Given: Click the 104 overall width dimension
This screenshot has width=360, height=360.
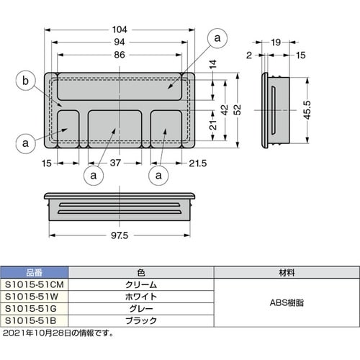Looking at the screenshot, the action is [x=120, y=30].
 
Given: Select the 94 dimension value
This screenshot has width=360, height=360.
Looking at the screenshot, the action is [x=120, y=42].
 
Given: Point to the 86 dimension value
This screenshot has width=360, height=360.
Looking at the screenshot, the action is [x=120, y=55].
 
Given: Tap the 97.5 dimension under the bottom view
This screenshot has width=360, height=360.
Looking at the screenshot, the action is [x=120, y=235].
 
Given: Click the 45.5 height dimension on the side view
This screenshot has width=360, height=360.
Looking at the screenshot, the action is [x=307, y=110].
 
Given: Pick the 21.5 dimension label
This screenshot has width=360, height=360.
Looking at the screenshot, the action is [x=198, y=163].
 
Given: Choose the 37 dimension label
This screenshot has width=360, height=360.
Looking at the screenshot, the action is [x=115, y=163].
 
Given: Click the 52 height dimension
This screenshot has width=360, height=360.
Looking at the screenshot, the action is [x=238, y=109].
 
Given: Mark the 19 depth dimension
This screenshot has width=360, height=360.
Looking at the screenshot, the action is [x=276, y=42].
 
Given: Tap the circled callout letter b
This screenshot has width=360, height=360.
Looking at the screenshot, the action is [x=25, y=81].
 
